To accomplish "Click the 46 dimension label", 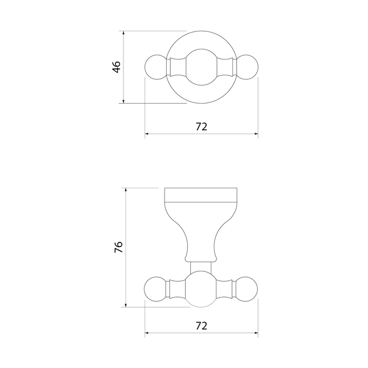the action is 117,67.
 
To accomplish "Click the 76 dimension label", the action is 119,247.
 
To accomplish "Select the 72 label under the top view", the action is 201,127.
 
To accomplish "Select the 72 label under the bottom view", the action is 201,326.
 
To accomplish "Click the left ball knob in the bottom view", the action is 155,289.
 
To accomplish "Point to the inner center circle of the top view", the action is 201,67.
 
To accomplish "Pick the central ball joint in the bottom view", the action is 201,289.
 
